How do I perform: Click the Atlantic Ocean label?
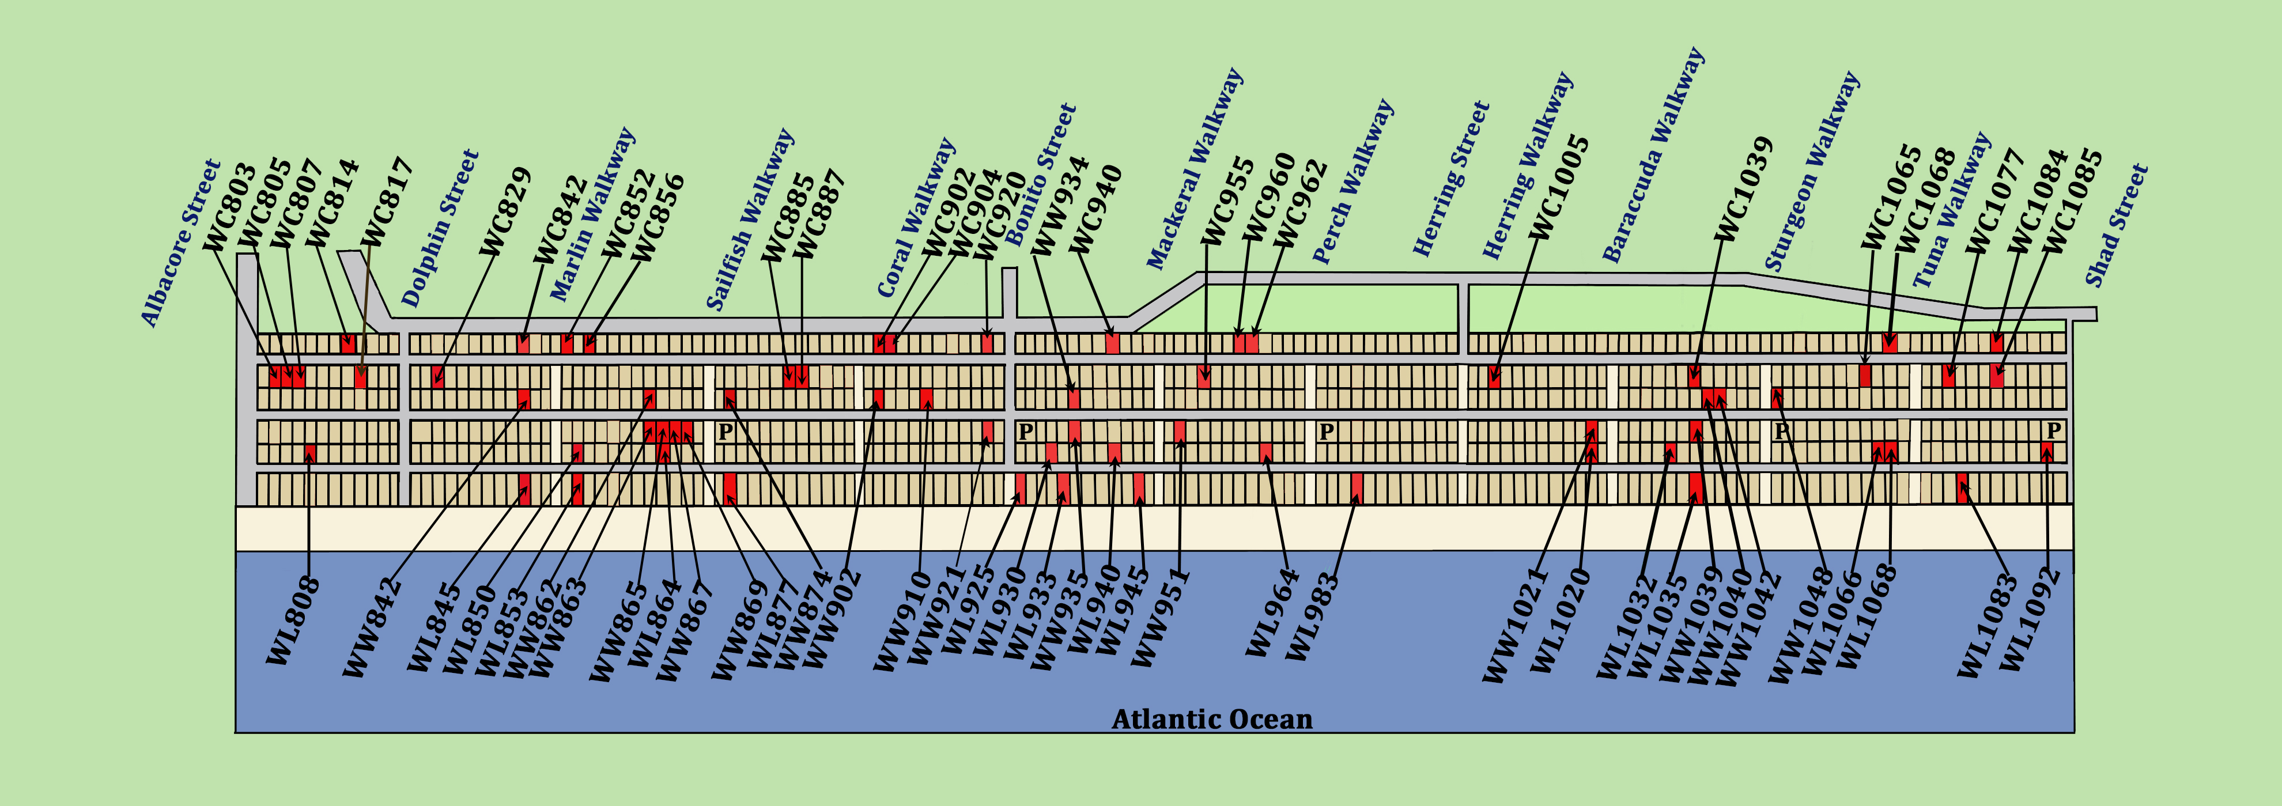click(1212, 718)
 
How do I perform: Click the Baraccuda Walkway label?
click(1653, 155)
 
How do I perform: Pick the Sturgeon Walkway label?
click(1812, 171)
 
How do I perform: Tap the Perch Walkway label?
click(1352, 181)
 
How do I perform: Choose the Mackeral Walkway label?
click(1195, 168)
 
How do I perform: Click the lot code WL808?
click(293, 620)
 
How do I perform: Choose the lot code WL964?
click(1272, 613)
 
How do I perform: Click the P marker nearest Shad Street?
click(2053, 430)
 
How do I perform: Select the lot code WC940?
click(1097, 209)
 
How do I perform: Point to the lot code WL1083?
click(1987, 625)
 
